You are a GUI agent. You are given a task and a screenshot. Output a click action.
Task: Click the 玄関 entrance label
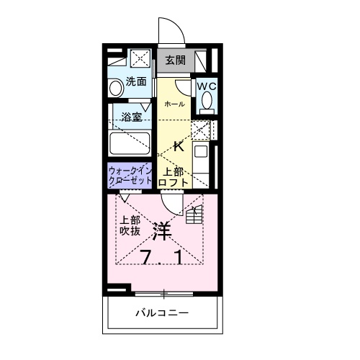[175, 60]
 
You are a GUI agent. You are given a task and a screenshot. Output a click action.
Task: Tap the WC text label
[207, 86]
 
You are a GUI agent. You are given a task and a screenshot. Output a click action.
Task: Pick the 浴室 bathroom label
[131, 117]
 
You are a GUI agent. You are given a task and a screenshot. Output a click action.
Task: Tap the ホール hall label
[174, 104]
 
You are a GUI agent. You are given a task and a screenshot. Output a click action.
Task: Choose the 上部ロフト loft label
[175, 177]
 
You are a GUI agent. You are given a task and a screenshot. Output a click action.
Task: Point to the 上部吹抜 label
[130, 226]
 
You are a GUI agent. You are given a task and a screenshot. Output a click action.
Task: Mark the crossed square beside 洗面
[141, 59]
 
